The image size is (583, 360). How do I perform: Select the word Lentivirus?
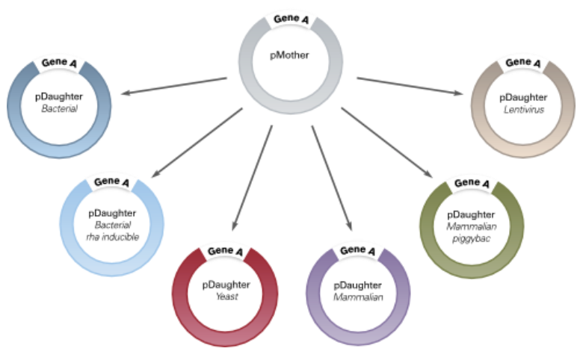(523, 110)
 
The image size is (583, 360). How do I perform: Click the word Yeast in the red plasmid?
(225, 297)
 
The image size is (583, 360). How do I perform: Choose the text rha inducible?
(111, 238)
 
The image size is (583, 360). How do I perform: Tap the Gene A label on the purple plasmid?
(359, 251)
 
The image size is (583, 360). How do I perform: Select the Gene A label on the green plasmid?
(472, 182)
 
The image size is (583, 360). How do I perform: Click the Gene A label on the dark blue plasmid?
(60, 63)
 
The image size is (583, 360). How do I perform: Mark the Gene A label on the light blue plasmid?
(111, 181)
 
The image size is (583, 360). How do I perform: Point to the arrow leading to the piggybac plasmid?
(386, 143)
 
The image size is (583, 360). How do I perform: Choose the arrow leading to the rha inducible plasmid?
(198, 142)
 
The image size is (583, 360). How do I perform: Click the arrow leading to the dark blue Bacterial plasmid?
(174, 85)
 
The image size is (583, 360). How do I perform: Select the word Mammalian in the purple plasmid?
(359, 297)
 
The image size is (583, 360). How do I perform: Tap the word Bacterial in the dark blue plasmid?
(60, 109)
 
